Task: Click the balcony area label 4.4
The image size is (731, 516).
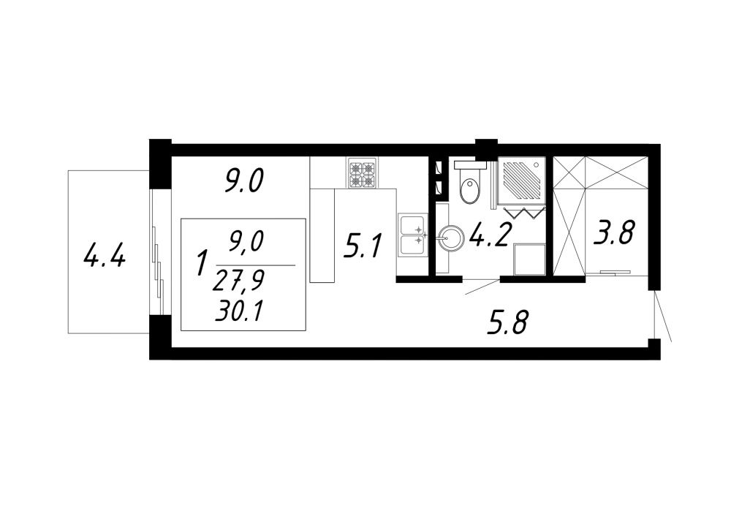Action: tap(105, 256)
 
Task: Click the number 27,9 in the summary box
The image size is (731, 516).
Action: tap(238, 281)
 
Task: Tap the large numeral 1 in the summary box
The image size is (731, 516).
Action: tap(202, 262)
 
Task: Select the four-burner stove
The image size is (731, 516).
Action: tap(363, 173)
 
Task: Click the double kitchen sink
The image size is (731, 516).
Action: tap(413, 235)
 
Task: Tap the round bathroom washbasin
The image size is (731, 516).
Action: tap(451, 239)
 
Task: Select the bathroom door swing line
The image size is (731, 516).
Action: tap(482, 287)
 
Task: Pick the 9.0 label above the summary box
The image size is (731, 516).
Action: tap(244, 181)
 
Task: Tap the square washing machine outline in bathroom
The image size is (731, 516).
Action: tap(529, 259)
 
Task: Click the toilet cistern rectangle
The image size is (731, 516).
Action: tap(470, 164)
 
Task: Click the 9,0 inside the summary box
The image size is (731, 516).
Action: tap(246, 242)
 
